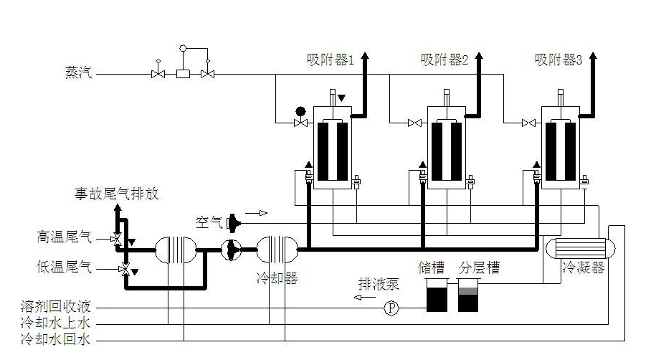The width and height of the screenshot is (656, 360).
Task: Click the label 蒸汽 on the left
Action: [80, 73]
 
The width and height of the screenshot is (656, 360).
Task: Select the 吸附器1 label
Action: [331, 60]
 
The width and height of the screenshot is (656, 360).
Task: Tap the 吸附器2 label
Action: [444, 60]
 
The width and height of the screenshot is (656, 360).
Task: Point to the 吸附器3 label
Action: [558, 60]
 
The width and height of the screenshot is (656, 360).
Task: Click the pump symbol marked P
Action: [391, 308]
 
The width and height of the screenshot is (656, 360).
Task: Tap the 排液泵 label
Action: [379, 284]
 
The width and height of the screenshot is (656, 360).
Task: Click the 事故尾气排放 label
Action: [117, 194]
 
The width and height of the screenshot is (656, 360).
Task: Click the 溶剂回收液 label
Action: [56, 308]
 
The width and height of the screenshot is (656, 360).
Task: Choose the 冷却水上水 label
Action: [56, 323]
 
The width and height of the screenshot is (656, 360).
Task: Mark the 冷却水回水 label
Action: [56, 339]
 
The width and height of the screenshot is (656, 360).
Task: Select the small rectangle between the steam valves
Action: [183, 74]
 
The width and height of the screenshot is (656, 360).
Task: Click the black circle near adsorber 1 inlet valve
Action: [300, 111]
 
